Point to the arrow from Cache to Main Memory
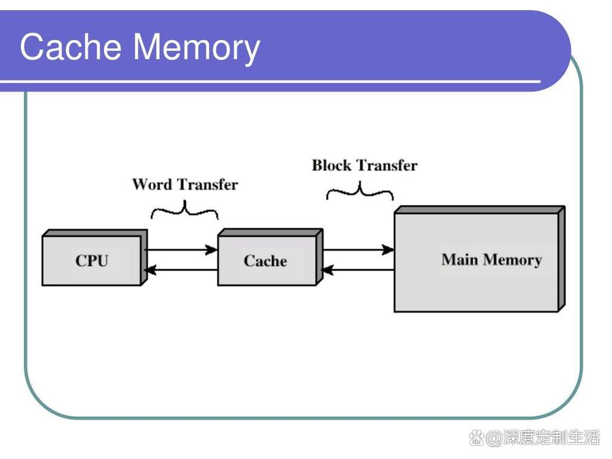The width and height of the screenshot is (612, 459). [358, 250]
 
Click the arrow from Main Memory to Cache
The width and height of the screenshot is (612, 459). [358, 270]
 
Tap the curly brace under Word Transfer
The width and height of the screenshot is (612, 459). [184, 210]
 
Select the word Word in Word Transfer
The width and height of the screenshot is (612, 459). [152, 184]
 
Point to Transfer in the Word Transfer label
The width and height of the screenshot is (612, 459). [207, 184]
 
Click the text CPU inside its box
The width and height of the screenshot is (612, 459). [92, 261]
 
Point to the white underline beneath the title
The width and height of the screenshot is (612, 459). [271, 82]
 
